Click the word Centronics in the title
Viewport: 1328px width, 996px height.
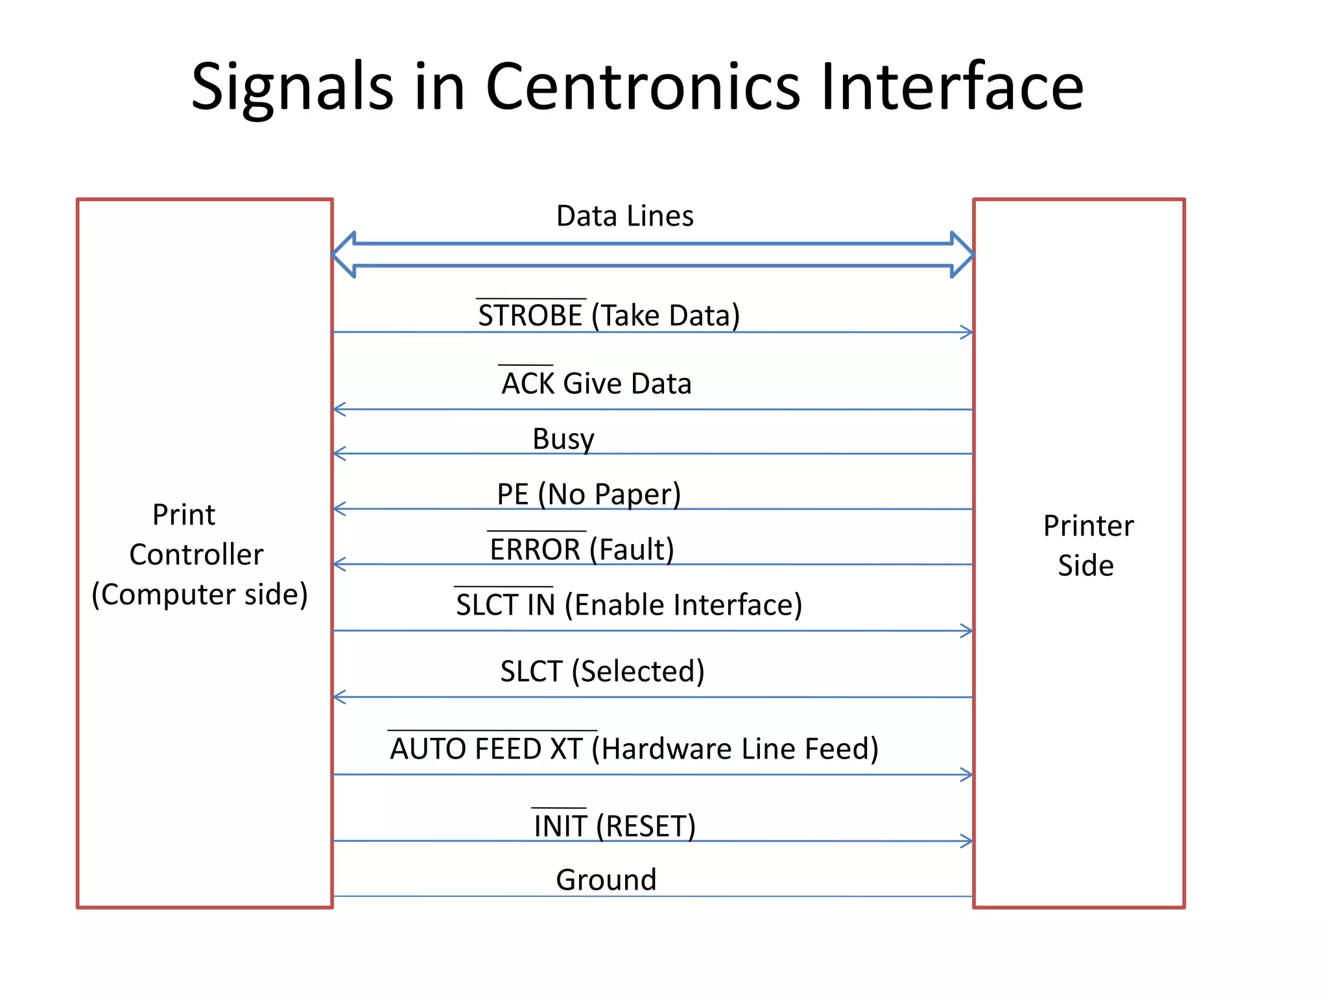[643, 86]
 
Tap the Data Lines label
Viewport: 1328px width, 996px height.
[624, 216]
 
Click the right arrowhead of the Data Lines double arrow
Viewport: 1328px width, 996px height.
[962, 255]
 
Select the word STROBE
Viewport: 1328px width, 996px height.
[530, 316]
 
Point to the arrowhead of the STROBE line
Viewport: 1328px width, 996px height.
[967, 332]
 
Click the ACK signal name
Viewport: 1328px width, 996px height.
[528, 383]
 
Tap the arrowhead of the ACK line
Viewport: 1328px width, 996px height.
[339, 409]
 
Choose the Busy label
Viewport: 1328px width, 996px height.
[563, 439]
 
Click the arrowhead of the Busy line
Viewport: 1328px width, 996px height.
[339, 453]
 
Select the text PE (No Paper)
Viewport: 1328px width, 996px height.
[588, 494]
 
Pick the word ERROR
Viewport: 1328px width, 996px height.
[535, 550]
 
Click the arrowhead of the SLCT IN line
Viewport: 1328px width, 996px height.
[967, 631]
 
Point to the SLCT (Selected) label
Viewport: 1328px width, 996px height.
[602, 671]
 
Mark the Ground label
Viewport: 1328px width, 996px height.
[606, 880]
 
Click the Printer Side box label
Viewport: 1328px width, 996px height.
[1087, 545]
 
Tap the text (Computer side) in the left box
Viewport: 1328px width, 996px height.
[200, 595]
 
